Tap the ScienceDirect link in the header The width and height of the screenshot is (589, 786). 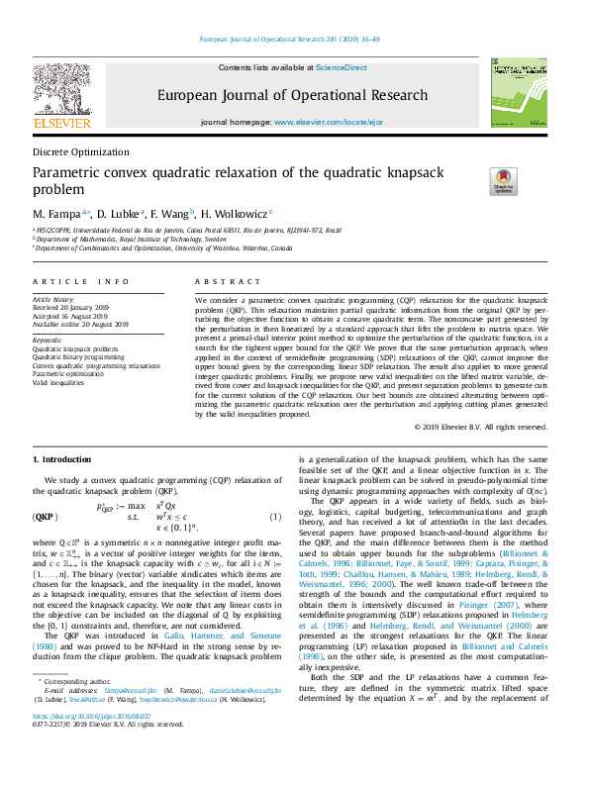tap(341, 67)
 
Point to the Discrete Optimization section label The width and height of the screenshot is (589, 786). tap(80, 152)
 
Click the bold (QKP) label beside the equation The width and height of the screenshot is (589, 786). tap(45, 516)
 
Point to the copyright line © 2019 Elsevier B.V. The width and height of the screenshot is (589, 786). tap(480, 427)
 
